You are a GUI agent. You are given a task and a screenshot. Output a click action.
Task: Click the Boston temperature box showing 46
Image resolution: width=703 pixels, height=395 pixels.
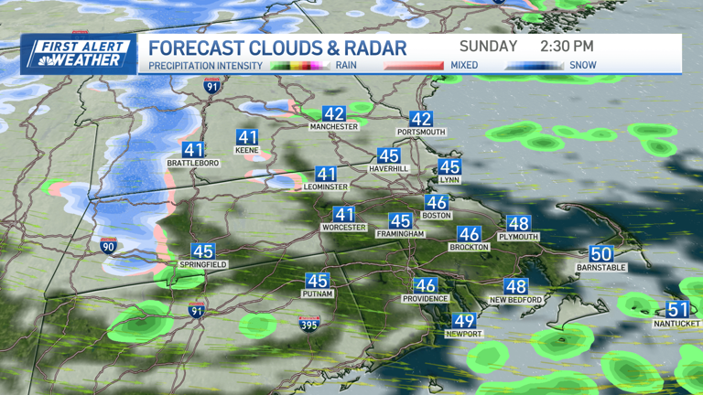(x=437, y=203)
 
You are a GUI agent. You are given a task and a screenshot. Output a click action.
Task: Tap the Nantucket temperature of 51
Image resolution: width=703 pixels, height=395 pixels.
(x=677, y=310)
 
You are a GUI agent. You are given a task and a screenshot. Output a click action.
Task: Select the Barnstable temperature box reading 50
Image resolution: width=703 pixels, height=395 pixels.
(x=600, y=254)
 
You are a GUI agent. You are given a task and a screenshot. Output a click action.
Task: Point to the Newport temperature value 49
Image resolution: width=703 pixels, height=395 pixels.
(x=464, y=321)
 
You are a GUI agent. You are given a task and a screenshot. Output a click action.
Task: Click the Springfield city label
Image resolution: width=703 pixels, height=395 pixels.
(x=203, y=264)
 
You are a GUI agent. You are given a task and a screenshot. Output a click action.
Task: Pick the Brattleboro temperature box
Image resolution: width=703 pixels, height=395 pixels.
(x=193, y=150)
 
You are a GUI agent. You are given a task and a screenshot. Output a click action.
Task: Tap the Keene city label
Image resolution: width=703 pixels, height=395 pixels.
(x=247, y=150)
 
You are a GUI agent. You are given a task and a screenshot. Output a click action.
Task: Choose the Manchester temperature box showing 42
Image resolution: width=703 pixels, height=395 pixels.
(x=334, y=114)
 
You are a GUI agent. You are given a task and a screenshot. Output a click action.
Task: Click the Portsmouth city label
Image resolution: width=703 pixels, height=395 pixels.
(x=421, y=132)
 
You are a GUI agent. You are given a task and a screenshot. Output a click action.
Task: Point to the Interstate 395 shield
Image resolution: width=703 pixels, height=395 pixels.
(x=309, y=323)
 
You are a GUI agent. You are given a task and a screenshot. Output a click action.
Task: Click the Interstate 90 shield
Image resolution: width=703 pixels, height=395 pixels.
(x=108, y=245)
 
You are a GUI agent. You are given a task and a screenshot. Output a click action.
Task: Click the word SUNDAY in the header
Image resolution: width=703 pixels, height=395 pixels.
(x=489, y=46)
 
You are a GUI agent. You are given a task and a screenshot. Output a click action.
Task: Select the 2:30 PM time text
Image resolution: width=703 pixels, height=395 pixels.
(x=567, y=46)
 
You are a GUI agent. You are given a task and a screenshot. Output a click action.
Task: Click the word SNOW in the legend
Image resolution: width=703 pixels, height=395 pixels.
(x=583, y=66)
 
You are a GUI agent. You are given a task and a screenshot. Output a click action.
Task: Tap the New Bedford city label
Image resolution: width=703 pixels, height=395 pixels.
(x=516, y=300)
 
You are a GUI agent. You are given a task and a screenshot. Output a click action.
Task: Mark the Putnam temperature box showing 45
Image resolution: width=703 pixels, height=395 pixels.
(x=317, y=282)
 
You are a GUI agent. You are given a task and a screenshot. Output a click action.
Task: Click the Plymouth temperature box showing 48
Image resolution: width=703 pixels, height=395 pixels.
(x=518, y=224)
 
